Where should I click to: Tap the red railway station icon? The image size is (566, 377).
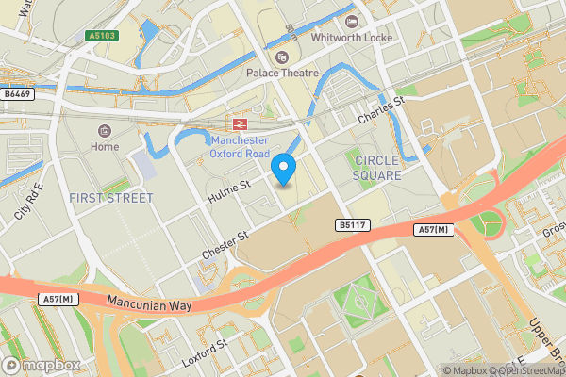240,124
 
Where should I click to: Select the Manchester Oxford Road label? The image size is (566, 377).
240,147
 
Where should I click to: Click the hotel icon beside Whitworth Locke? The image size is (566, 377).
352,22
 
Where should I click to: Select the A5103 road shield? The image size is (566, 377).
103,36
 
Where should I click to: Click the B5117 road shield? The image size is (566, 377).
351,224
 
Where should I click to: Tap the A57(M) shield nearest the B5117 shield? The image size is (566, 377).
430,230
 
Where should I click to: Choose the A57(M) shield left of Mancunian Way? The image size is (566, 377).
58,299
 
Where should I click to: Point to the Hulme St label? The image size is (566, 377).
227,192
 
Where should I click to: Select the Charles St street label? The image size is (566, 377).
380,111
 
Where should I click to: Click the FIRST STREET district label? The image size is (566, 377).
110,198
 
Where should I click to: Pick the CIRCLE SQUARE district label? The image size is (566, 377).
376,168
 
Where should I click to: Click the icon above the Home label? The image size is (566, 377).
105,130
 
